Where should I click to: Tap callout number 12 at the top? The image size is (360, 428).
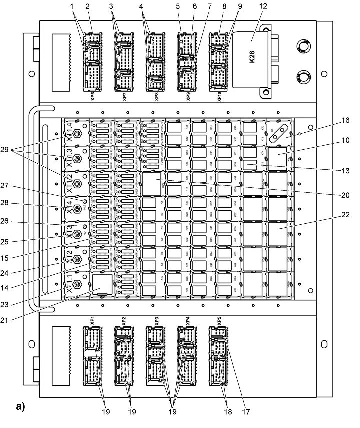[x=263, y=6]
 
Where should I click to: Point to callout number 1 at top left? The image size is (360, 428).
[x=71, y=6]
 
